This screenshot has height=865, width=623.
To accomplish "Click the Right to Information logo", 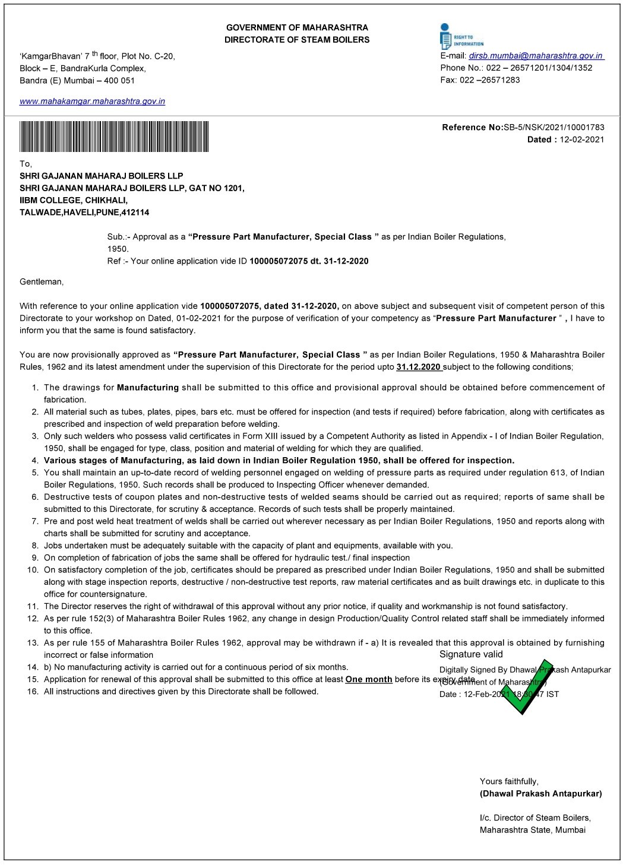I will pyautogui.click(x=461, y=36).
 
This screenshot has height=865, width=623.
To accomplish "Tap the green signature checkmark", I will pyautogui.click(x=526, y=685).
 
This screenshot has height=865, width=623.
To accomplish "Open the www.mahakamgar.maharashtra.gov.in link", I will pyautogui.click(x=93, y=102).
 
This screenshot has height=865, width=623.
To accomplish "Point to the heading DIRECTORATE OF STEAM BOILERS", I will pyautogui.click(x=297, y=40).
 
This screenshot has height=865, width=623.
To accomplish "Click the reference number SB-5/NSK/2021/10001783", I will pyautogui.click(x=554, y=127).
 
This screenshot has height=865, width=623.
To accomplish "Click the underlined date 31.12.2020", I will pyautogui.click(x=419, y=367).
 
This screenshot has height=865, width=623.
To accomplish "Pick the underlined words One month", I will pyautogui.click(x=368, y=679).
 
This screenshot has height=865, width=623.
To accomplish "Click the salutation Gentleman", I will pyautogui.click(x=42, y=281).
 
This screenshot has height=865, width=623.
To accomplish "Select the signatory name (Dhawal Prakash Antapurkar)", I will pyautogui.click(x=540, y=793).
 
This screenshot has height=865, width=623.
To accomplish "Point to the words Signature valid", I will pyautogui.click(x=471, y=654).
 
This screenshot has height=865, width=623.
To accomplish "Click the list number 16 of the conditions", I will pyautogui.click(x=33, y=691).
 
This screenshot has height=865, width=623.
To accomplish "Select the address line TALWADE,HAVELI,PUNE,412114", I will pyautogui.click(x=84, y=212).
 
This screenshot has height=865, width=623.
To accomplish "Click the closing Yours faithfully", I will pyautogui.click(x=509, y=781).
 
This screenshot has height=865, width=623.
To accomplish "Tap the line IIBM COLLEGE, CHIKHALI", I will pyautogui.click(x=74, y=200).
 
